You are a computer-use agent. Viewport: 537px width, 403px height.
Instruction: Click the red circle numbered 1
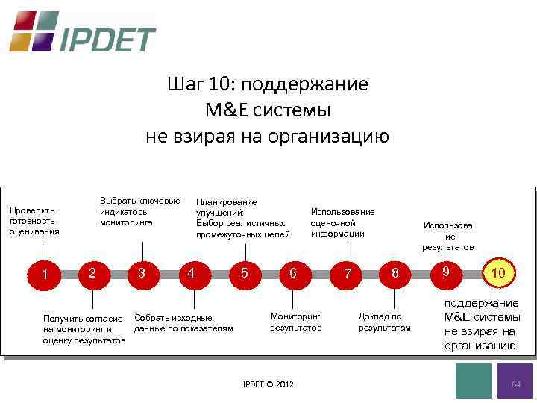[45, 275]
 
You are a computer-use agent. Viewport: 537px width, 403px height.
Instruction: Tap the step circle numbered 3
[141, 273]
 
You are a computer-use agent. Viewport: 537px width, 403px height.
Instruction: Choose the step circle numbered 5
[244, 273]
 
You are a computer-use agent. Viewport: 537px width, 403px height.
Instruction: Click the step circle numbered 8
[396, 274]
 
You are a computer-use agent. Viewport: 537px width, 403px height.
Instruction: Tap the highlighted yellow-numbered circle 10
[498, 274]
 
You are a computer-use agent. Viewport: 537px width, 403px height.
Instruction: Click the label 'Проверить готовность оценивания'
[34, 221]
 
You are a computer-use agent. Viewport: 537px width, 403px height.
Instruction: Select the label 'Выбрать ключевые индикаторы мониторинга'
[139, 212]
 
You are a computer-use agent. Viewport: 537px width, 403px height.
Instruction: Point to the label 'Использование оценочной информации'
[342, 222]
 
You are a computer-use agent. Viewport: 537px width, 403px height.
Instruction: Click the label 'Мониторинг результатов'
[295, 322]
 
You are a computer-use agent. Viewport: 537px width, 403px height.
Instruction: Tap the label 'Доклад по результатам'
[384, 322]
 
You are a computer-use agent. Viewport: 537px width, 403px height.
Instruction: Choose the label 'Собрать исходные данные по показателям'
[183, 323]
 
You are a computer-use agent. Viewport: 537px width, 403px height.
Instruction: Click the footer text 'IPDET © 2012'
[268, 384]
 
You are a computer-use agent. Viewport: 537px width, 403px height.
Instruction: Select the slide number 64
[515, 383]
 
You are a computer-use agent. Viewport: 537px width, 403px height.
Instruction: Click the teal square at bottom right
[473, 381]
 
